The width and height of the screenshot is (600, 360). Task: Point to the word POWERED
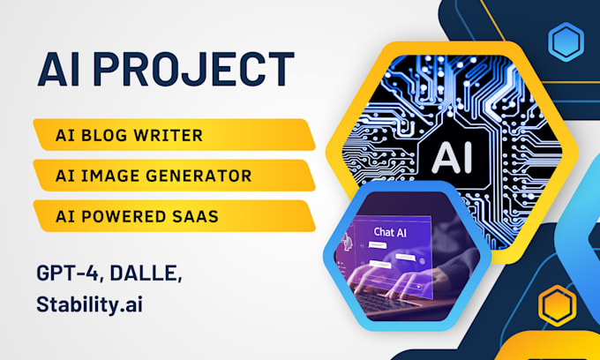point(125,215)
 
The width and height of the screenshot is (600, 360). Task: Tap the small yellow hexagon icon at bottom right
point(557,305)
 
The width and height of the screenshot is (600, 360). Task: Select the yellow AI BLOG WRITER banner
point(173,135)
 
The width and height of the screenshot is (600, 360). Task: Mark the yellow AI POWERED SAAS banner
point(173,215)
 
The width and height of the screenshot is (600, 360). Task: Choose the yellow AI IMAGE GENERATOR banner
point(173,175)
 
